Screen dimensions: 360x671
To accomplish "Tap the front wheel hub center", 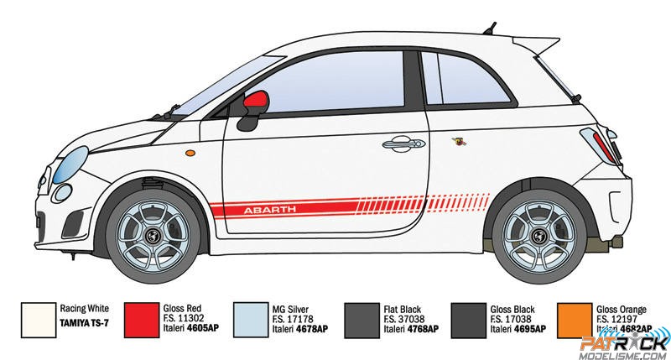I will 156,237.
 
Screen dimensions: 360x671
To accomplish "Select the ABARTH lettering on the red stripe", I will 265,208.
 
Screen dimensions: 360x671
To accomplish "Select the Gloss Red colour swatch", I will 147,322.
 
